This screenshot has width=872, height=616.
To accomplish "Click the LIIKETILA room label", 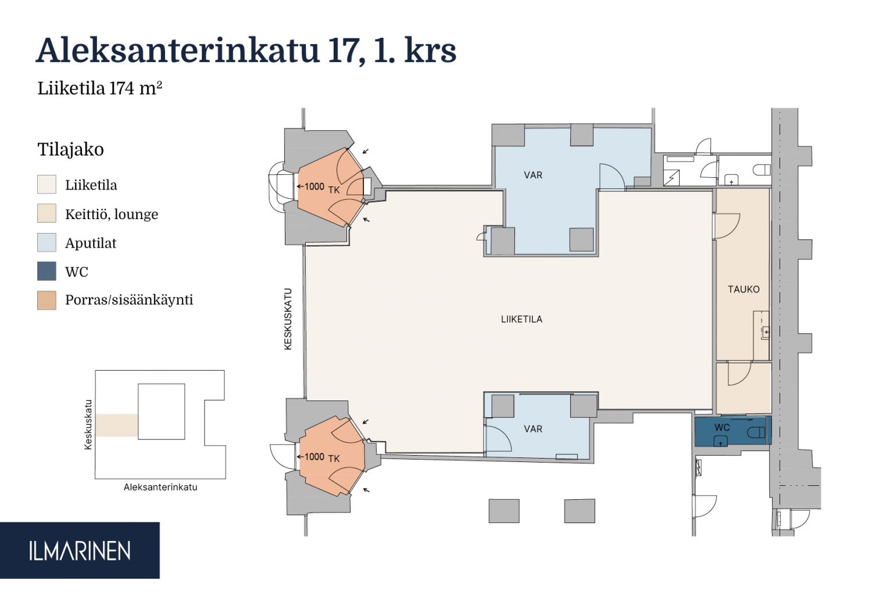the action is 521,320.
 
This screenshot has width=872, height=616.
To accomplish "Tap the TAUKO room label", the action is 744,289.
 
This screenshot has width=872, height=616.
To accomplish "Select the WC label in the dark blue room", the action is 722,428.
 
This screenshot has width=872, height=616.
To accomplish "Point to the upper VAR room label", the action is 533,175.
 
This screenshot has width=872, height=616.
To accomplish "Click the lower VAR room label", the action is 533,429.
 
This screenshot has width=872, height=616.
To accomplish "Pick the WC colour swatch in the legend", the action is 47,271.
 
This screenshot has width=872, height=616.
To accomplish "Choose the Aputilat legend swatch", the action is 47,242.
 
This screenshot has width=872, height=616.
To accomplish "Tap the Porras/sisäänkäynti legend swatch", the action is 47,300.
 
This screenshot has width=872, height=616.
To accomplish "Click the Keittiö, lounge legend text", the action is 112,214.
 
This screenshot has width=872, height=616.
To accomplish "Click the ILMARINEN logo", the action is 80,551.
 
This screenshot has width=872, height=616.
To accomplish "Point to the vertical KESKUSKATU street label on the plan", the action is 288,319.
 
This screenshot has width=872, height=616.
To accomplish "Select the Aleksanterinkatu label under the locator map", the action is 160,487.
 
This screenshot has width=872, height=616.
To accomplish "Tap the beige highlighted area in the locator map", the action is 117,425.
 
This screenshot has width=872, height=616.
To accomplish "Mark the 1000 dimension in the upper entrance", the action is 314,187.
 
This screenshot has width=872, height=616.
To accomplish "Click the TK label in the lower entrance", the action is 334,459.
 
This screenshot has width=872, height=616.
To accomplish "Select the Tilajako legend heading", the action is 70,150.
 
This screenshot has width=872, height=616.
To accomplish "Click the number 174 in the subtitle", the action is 121,88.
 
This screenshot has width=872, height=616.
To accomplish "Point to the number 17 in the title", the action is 341,51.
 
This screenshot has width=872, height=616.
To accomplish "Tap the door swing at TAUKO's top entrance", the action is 727,226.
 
